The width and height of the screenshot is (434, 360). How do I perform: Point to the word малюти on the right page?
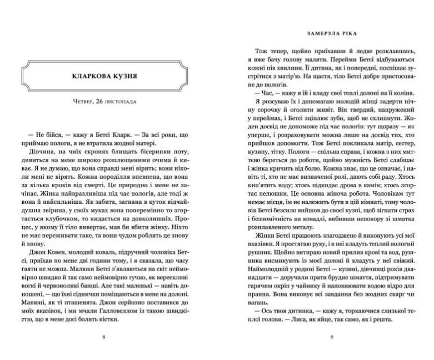[313, 58]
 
